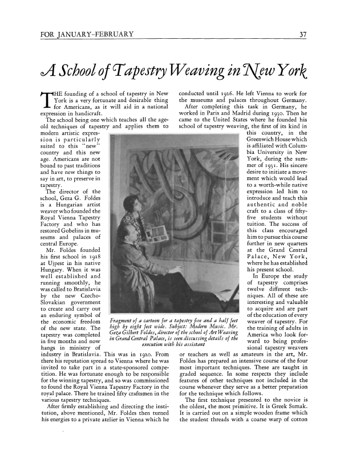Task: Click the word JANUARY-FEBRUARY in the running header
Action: pos(94,36)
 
